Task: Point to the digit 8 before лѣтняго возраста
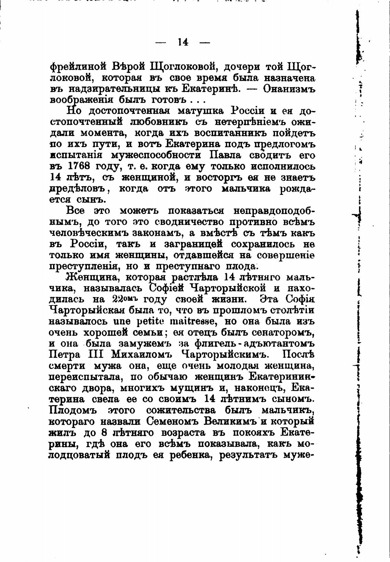tap(105, 432)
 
